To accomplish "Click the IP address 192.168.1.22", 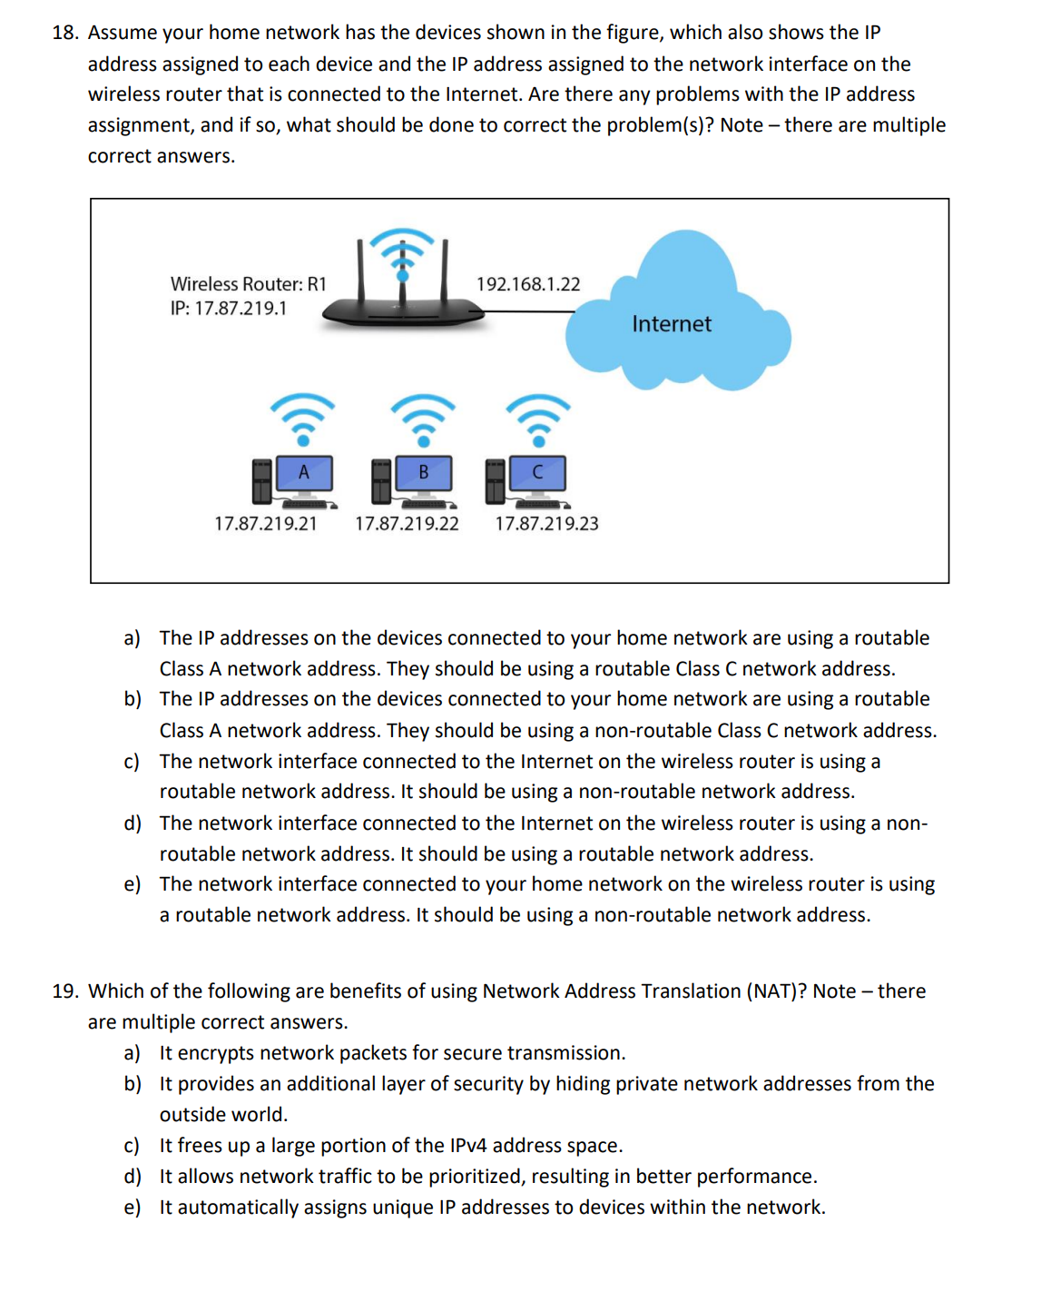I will click(527, 284).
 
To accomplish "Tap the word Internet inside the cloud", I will click(671, 324).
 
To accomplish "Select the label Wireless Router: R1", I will click(248, 284).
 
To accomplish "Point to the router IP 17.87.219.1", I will click(228, 309).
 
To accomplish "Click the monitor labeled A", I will click(303, 473).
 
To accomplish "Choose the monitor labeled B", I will click(423, 473).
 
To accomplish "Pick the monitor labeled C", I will click(537, 473).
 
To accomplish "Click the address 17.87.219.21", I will click(265, 524).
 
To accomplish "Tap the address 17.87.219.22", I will click(407, 524).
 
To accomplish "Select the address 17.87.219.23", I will click(546, 524).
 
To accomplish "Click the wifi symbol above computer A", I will click(303, 417).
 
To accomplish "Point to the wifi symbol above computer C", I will click(538, 417).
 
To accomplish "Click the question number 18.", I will click(64, 33).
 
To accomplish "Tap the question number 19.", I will click(64, 991).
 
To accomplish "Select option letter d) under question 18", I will click(133, 823).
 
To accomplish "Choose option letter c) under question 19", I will click(133, 1146).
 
